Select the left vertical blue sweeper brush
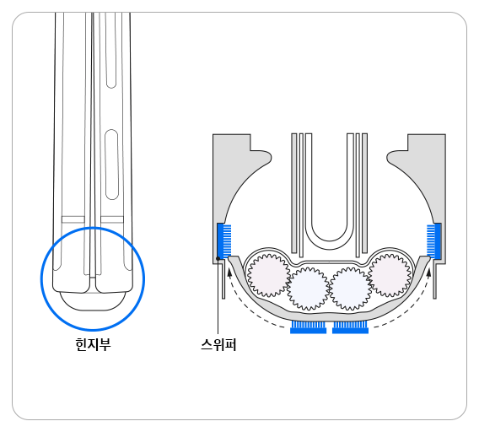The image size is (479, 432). click(223, 240)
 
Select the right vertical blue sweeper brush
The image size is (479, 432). click(433, 240)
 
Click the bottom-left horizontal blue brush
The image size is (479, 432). click(308, 327)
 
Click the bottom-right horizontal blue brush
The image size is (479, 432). click(350, 327)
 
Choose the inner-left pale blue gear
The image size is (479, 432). click(307, 289)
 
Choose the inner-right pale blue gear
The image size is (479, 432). click(350, 289)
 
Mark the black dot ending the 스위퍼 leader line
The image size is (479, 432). click(218, 258)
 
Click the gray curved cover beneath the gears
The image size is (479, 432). click(329, 314)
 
